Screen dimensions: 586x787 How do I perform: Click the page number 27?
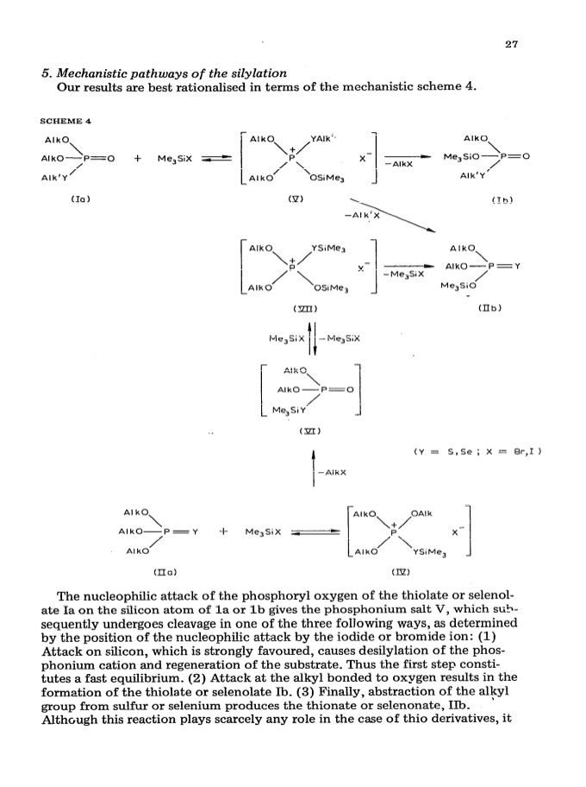pos(511,44)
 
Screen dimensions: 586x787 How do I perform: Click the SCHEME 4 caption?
pos(65,121)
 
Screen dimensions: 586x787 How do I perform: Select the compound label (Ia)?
pos(80,199)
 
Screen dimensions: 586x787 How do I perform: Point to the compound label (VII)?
pos(305,308)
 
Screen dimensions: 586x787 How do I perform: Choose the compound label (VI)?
pos(309,431)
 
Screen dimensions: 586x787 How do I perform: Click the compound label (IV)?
pos(401,571)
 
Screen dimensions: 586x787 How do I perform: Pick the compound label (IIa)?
pos(165,571)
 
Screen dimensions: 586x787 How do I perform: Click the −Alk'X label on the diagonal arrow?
pos(362,216)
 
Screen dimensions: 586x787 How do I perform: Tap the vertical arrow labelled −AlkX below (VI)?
pos(314,469)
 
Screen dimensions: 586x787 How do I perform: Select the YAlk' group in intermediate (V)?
pos(321,139)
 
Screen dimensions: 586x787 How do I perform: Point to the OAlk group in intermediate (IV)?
pos(421,513)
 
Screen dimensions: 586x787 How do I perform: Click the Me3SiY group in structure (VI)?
pos(288,410)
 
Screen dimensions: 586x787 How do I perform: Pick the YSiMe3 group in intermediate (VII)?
pos(328,248)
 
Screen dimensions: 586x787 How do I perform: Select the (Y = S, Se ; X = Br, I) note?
pos(477,451)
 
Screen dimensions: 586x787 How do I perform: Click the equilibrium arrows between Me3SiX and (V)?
pos(216,159)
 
